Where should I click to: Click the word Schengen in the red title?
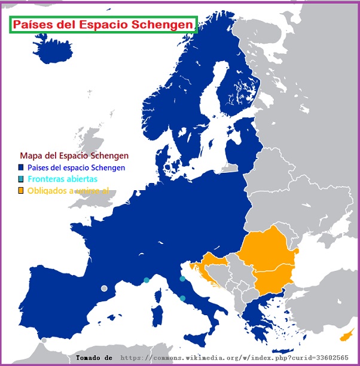tap(164, 25)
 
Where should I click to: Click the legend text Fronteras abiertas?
tap(62, 179)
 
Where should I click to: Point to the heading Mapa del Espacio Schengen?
tap(74, 155)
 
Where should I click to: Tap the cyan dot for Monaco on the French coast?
tap(147, 280)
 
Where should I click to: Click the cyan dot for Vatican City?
tap(182, 298)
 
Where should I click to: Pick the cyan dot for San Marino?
tap(182, 279)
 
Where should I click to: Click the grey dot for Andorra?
tap(104, 288)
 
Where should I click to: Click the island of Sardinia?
tap(158, 314)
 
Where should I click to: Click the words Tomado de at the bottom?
tap(94, 358)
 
